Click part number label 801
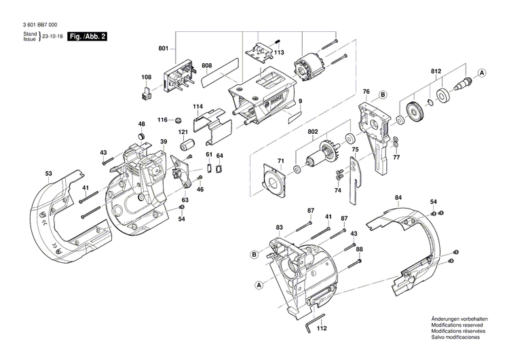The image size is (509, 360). click(x=163, y=48)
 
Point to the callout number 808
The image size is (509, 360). click(x=207, y=66)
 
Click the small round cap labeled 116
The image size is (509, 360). click(x=178, y=121)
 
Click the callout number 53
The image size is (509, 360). click(x=49, y=175)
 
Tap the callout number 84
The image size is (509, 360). click(x=398, y=198)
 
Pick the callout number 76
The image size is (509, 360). click(x=365, y=91)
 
